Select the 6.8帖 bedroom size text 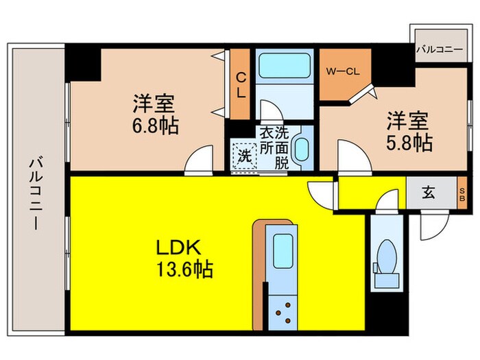(155, 127)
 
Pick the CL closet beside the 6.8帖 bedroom (241, 85)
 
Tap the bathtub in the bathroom (283, 68)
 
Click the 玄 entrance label (428, 193)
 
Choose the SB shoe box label (463, 193)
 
